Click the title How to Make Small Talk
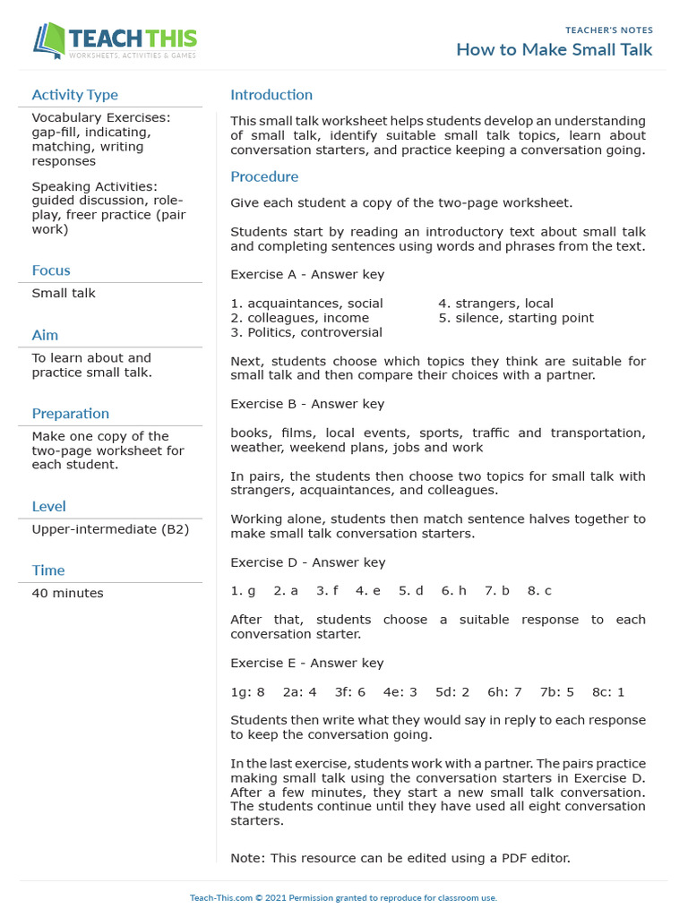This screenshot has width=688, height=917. pos(554,49)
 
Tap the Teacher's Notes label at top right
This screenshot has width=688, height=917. pos(609,30)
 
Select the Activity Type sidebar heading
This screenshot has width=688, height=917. pos(74,95)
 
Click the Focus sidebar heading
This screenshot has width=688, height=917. pos(51,270)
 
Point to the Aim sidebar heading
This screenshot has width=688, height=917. pos(45,335)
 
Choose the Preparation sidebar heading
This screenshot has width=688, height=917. pos(71,414)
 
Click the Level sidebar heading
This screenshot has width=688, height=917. pos(48,507)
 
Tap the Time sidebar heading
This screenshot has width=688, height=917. pos(48,570)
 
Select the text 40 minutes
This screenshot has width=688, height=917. pos(67,593)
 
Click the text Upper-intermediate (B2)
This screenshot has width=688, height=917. pos(110,529)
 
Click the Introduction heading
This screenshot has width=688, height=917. pos(271,95)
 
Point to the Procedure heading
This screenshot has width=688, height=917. pos(264,176)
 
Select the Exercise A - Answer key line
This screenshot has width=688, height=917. pos(307,274)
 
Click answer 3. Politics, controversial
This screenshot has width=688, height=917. pos(306,332)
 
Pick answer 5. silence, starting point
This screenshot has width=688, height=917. pos(516,318)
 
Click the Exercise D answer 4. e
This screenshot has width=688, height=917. pos(368,591)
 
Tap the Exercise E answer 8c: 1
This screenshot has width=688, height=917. pos(608,691)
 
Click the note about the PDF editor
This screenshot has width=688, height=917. pos(400,858)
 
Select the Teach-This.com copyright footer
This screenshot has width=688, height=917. pos(343,897)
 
